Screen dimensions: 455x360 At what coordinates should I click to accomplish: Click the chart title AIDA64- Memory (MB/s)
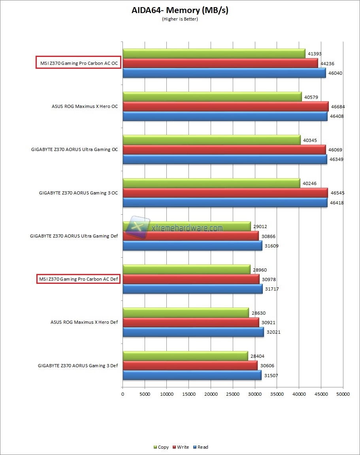(180, 11)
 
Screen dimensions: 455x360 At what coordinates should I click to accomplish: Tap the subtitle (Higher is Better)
(180, 19)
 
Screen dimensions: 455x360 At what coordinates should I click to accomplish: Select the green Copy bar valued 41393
(214, 53)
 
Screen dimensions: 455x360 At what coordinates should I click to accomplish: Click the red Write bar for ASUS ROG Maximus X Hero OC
(225, 106)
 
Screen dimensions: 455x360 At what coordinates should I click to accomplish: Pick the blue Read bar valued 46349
(224, 159)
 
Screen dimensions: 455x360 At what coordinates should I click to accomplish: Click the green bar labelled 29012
(187, 227)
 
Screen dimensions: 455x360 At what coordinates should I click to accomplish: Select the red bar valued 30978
(191, 279)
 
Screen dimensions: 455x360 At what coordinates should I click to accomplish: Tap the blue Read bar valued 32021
(193, 332)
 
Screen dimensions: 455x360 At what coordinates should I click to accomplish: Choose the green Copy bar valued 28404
(185, 356)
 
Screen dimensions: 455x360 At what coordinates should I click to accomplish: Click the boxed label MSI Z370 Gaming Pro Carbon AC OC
(78, 63)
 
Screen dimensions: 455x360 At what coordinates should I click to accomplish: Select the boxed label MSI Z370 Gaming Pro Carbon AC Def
(78, 279)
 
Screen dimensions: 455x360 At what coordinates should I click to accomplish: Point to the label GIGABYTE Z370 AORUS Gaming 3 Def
(78, 366)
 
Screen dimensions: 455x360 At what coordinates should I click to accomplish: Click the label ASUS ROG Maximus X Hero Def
(84, 322)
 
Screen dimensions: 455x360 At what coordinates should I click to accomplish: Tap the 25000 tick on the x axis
(233, 394)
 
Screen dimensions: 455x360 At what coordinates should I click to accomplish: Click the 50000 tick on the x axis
(343, 394)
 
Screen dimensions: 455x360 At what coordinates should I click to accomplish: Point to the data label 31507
(271, 376)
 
